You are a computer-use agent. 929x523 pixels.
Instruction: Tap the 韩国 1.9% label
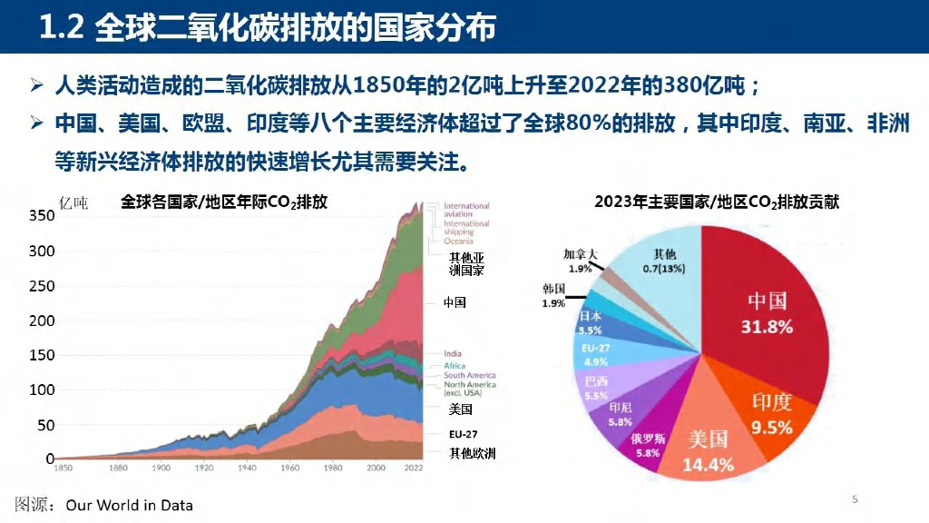553,295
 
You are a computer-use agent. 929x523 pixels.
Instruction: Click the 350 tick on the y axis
42,216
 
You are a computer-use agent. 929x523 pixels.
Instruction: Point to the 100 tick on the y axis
42,390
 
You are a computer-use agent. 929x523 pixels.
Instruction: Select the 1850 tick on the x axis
64,469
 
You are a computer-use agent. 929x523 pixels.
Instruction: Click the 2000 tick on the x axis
376,469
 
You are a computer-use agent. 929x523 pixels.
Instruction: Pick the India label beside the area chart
453,353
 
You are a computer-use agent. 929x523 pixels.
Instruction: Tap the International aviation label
466,210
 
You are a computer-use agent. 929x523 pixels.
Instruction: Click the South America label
470,375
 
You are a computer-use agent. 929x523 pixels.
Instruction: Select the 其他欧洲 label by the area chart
473,453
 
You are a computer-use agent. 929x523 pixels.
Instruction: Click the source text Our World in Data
130,505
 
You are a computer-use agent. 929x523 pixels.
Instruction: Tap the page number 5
855,499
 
